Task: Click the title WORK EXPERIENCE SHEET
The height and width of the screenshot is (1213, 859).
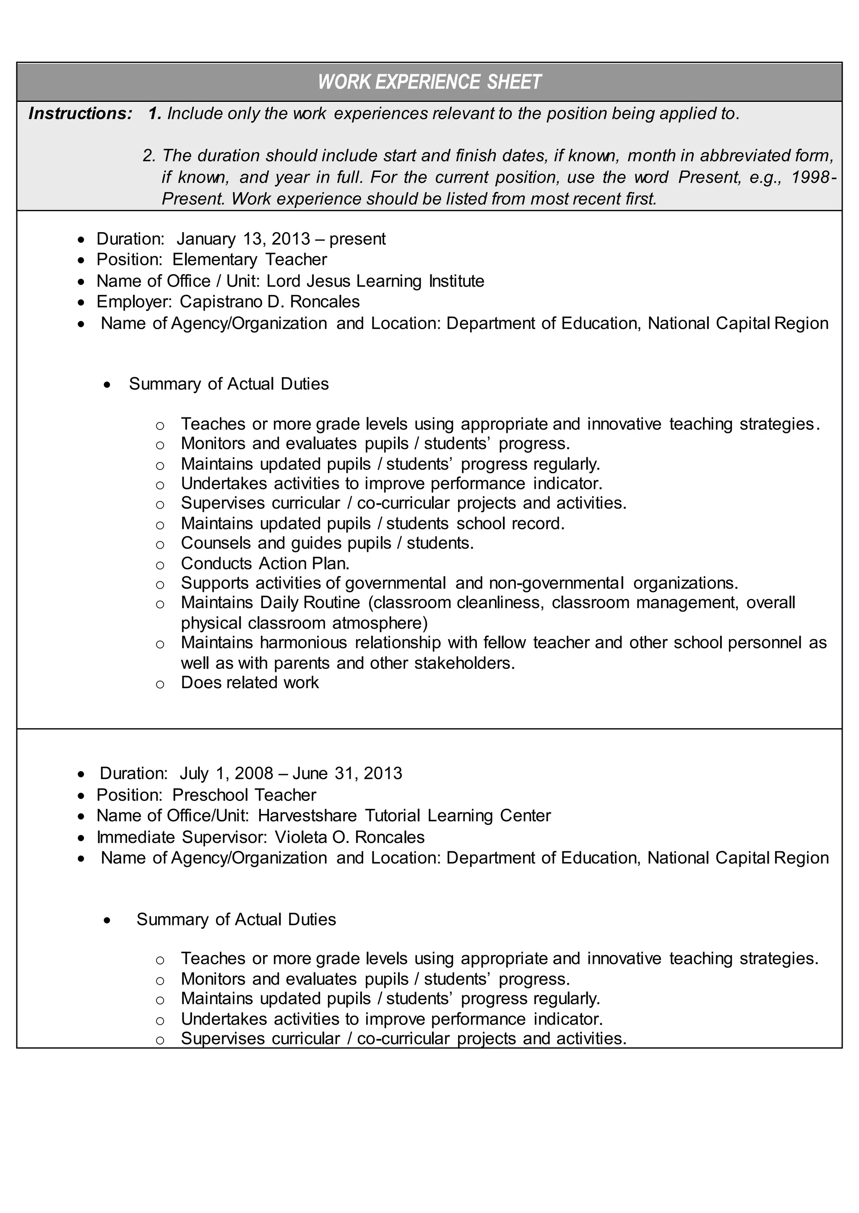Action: click(429, 82)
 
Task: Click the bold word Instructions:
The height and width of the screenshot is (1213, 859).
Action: click(80, 114)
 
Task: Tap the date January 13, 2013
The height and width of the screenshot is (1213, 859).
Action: click(243, 239)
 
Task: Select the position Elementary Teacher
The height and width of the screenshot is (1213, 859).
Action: click(249, 259)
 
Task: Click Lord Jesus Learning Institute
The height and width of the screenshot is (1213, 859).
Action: click(375, 281)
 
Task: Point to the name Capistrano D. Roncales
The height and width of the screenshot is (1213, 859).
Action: click(269, 302)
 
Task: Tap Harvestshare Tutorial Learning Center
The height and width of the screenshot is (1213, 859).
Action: click(404, 816)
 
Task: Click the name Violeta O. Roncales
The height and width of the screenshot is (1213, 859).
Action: click(350, 837)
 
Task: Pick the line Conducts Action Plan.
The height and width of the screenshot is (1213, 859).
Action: click(265, 563)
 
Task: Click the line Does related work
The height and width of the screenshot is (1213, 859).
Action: click(250, 682)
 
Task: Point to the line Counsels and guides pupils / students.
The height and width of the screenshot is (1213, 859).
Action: click(327, 543)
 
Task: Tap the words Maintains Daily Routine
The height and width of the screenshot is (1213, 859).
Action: click(270, 603)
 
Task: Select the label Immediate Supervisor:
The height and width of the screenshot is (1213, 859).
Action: click(182, 837)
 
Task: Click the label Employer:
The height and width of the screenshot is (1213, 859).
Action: click(134, 302)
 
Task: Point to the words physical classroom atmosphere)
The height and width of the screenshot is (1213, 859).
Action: click(304, 623)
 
